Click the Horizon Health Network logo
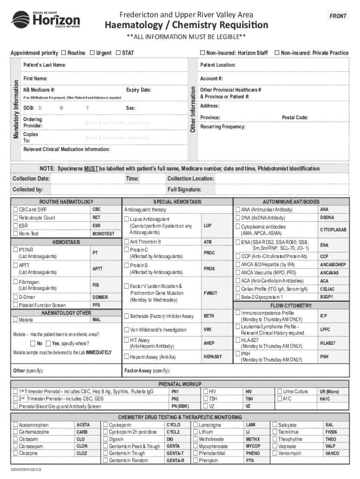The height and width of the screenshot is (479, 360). tap(45, 20)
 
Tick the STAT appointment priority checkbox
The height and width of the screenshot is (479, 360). tap(118, 53)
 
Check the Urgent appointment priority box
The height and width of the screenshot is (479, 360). tap(92, 53)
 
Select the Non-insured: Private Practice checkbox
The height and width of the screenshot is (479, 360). tap(277, 53)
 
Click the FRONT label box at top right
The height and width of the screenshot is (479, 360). tap(338, 16)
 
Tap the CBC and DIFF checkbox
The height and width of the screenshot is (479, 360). tap(15, 210)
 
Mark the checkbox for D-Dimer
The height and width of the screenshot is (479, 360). tap(15, 297)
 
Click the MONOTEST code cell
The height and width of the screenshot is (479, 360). tap(103, 233)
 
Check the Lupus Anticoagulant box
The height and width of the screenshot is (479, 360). tap(126, 219)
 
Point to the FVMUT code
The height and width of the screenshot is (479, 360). tap(210, 293)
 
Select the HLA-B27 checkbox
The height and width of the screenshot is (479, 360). tap(238, 340)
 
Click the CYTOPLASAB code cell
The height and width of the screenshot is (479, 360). tap(333, 230)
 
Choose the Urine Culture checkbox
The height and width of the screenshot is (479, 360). tap(280, 391)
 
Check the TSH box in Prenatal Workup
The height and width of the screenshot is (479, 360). tap(205, 399)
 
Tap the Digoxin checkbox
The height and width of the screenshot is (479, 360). tap(105, 440)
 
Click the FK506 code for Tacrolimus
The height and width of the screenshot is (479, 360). tap(331, 432)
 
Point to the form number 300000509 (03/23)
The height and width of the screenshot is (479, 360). tap(28, 469)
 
